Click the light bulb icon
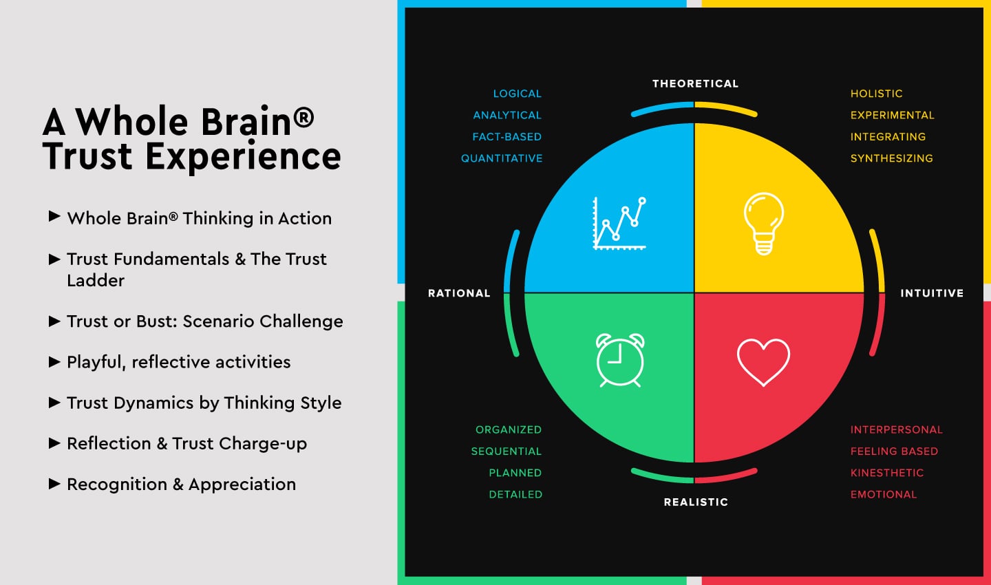764,224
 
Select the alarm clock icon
620,360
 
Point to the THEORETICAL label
696,84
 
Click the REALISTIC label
696,502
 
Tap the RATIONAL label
459,293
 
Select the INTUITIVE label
932,293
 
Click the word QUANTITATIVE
502,158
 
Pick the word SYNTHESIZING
891,158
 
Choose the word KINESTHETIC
887,473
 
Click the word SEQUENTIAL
506,451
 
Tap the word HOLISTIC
877,94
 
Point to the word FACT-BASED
507,137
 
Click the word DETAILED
515,494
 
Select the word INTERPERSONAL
896,429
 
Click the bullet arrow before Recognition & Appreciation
54,484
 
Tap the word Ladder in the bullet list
96,281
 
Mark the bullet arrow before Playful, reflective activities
54,361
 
